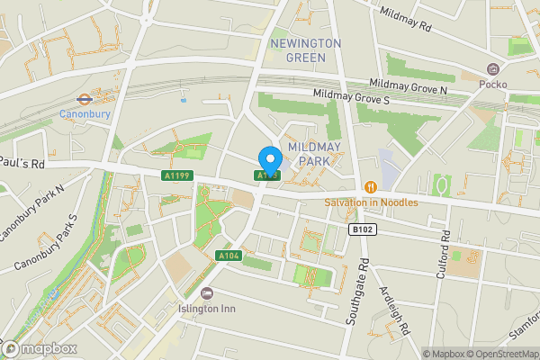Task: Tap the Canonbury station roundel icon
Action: pos(83,100)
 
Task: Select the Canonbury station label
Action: pos(84,114)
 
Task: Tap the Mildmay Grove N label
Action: pos(408,86)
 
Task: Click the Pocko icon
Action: pos(493,69)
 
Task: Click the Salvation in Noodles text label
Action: pos(372,202)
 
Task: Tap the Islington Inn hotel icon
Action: pos(207,292)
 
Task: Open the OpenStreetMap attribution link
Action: pos(500,354)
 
